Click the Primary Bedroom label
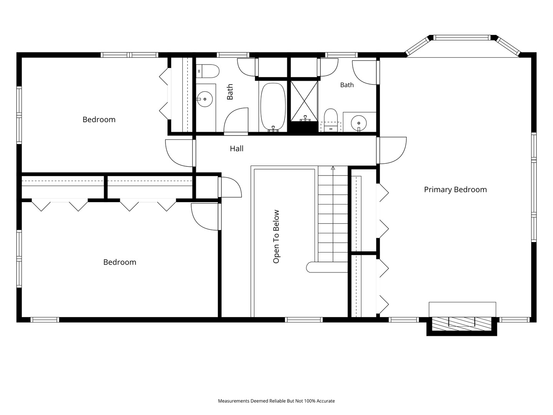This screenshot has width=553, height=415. pos(455,190)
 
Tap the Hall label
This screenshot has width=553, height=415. pos(237,149)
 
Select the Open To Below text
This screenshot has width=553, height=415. pos(276,237)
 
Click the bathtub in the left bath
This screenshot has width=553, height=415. pos(273,107)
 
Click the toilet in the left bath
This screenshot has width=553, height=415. pos(208,71)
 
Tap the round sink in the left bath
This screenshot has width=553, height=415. pos(205,99)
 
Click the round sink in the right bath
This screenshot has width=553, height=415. pos(359,123)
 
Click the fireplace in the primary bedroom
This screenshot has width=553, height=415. pos(462,324)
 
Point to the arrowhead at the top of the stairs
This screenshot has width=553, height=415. pos(333,168)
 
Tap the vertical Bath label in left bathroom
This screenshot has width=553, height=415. pos(230,92)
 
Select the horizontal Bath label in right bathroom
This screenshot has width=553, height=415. pos(347,85)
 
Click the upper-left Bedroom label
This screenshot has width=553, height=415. pos(99,120)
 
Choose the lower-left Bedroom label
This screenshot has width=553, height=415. pos(120,262)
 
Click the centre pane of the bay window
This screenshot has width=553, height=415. pos(462,38)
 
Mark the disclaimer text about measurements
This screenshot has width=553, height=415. pos(276,401)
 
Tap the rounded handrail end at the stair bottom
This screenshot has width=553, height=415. pos(308,267)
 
